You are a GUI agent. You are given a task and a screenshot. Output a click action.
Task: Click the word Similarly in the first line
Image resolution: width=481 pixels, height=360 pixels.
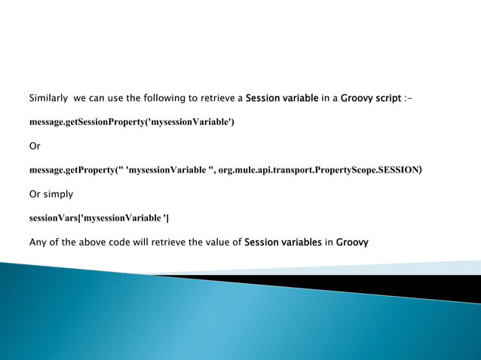(x=48, y=98)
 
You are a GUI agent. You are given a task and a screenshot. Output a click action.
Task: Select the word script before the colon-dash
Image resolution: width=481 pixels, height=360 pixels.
(x=385, y=98)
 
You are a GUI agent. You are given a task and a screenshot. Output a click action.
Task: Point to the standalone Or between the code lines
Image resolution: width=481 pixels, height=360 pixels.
(x=35, y=146)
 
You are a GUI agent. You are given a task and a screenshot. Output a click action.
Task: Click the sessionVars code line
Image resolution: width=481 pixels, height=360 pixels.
(x=99, y=218)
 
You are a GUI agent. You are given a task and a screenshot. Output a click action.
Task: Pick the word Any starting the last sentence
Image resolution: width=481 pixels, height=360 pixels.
(x=38, y=243)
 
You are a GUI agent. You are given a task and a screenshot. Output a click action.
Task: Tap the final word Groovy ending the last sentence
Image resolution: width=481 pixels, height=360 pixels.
(x=352, y=243)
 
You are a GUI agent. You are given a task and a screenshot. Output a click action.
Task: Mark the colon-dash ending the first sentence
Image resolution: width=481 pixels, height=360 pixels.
(x=409, y=98)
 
